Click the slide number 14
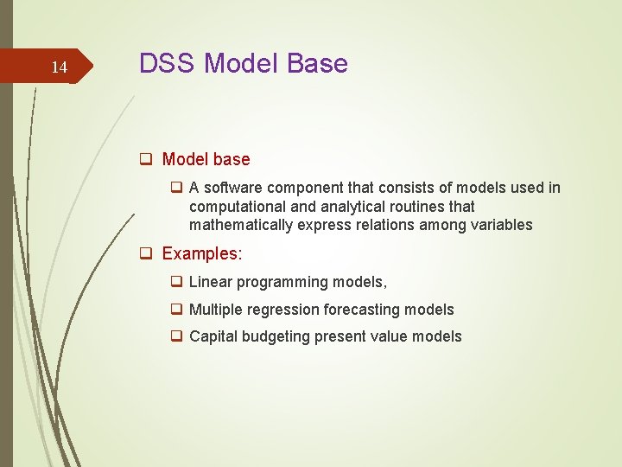coord(59,67)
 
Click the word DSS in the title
coord(169,64)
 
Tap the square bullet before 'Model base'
coord(148,160)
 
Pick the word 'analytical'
coord(338,207)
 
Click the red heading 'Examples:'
coord(202,254)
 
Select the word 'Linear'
coord(210,282)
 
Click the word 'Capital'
coord(213,336)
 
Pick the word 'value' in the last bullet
coord(390,336)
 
